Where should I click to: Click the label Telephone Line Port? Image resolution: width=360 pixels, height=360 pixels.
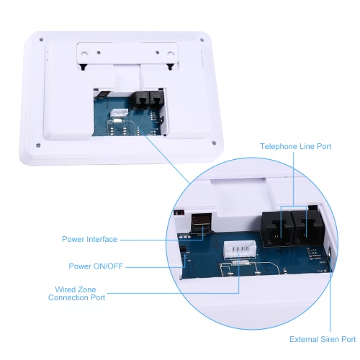click(295, 146)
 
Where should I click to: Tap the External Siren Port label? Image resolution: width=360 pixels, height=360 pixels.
click(323, 339)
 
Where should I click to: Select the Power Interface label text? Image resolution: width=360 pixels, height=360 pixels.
click(89, 239)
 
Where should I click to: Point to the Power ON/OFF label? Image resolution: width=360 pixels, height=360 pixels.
click(96, 266)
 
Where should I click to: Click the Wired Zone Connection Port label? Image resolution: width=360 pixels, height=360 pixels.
click(76, 293)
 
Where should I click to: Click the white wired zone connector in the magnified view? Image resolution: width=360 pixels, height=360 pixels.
click(239, 249)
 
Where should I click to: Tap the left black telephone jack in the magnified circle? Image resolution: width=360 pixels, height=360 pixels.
click(276, 228)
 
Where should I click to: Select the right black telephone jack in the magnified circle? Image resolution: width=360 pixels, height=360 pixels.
click(307, 228)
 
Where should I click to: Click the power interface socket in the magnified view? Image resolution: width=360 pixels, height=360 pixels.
click(201, 222)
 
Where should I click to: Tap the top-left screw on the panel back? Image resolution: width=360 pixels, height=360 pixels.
click(41, 40)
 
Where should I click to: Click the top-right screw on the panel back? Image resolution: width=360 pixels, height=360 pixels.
click(202, 40)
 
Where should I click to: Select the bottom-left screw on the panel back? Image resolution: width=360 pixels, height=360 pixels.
click(38, 145)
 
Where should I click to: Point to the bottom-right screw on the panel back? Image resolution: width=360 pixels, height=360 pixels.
click(214, 143)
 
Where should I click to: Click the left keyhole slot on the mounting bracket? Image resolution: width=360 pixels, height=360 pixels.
click(84, 53)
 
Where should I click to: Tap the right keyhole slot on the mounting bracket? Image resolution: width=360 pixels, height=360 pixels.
click(170, 53)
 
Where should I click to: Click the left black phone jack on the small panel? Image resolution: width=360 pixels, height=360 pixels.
click(140, 99)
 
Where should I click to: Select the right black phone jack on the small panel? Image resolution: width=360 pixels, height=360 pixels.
click(156, 99)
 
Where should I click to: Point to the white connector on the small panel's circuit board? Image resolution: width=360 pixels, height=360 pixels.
click(120, 112)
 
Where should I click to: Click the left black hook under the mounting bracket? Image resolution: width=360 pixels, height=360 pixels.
click(83, 66)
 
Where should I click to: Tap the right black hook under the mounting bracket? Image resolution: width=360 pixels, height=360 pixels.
click(170, 66)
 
